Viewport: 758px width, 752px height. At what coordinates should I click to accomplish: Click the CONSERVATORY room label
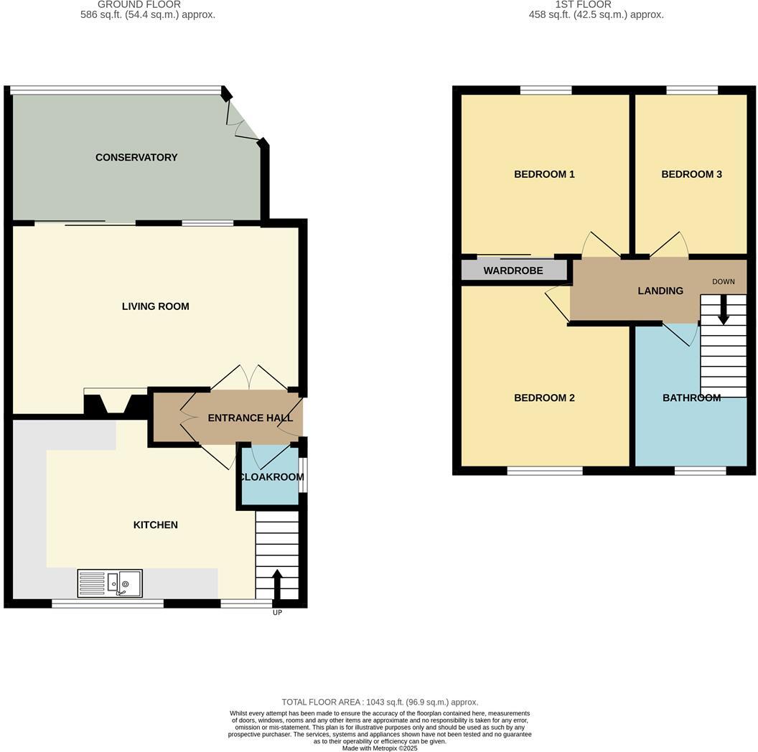pos(136,157)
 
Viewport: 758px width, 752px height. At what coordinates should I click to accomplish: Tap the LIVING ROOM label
pos(155,306)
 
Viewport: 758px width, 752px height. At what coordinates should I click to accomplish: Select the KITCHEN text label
pos(155,525)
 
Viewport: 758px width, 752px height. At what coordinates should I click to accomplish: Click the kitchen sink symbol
pos(110,583)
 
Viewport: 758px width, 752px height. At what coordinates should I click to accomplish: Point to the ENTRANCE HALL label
pos(250,418)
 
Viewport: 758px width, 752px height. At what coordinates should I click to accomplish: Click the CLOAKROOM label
pos(271,477)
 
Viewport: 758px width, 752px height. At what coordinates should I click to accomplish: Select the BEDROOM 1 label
pos(544,174)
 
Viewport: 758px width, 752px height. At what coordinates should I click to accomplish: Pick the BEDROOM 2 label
pos(544,398)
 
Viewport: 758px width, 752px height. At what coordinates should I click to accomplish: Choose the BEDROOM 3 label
pos(691,174)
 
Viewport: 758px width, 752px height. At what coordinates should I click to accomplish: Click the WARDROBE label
pos(513,271)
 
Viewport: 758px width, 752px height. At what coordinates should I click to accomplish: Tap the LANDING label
pos(660,291)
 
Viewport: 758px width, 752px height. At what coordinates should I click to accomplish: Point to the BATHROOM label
pos(691,398)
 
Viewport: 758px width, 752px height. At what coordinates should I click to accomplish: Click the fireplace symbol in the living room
pos(115,403)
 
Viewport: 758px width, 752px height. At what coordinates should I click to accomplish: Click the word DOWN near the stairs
pos(723,281)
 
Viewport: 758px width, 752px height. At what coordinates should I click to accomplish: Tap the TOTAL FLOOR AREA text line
pos(380,702)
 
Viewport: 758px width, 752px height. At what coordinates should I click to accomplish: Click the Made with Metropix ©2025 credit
pos(380,748)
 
